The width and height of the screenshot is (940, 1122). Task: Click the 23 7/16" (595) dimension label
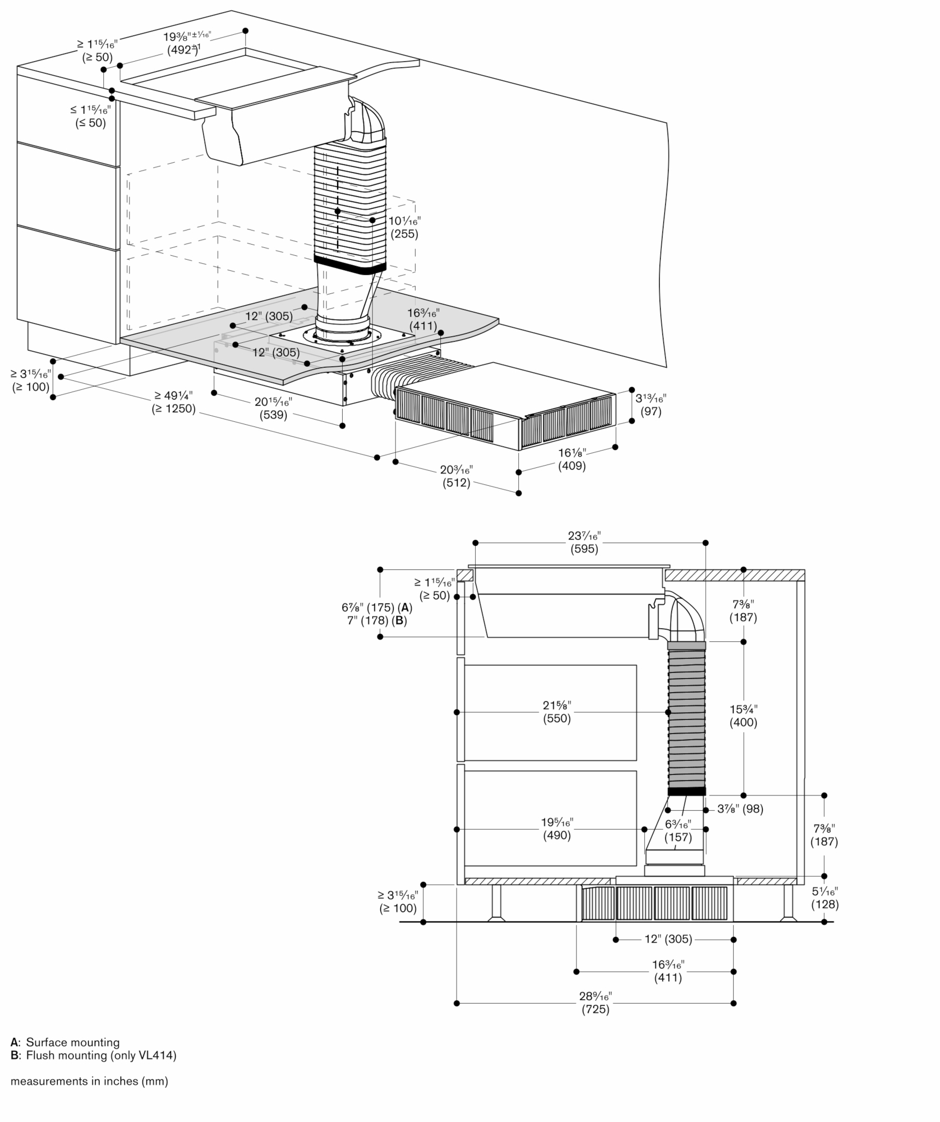(584, 542)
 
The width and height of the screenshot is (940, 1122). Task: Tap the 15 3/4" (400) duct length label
(743, 716)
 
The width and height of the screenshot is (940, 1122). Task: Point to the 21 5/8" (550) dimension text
(556, 712)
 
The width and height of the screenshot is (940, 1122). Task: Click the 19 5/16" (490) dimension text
(556, 829)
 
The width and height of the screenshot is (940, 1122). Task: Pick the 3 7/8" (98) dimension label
(740, 809)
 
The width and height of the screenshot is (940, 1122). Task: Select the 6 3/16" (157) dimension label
(678, 830)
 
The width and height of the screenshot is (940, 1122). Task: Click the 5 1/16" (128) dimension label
(824, 898)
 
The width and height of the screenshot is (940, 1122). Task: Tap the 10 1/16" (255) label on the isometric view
(404, 227)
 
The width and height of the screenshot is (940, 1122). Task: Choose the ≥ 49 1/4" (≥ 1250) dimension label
(173, 402)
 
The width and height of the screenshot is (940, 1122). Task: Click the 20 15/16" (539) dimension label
(273, 408)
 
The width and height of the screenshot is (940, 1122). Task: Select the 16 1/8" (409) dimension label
(572, 459)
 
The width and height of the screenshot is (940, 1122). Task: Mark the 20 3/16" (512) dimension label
(456, 476)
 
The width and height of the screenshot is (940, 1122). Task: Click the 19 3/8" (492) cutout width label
(187, 43)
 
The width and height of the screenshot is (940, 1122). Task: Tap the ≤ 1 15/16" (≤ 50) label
(90, 116)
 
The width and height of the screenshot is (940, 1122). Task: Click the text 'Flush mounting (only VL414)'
(102, 1055)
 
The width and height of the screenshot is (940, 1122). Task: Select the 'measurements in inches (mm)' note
(89, 1080)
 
